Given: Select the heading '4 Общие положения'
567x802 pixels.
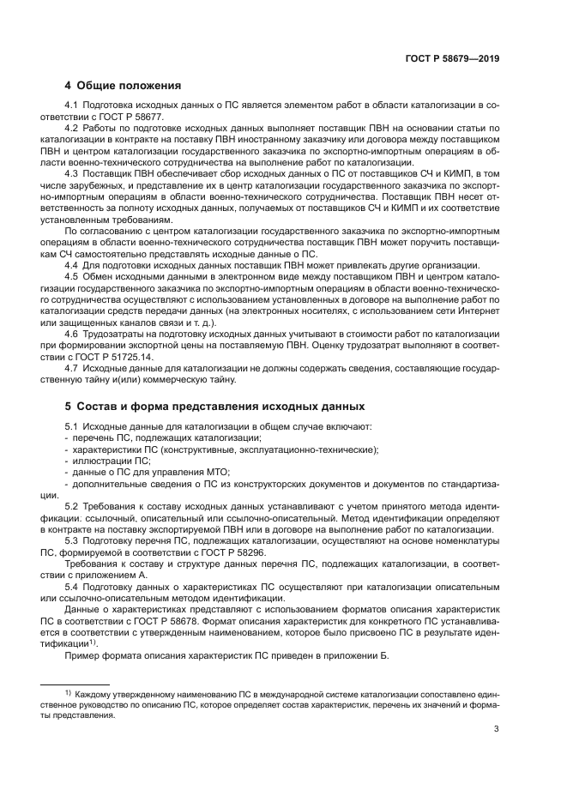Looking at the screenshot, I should point(123,85).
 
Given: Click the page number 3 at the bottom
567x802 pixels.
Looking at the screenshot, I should point(497,729).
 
